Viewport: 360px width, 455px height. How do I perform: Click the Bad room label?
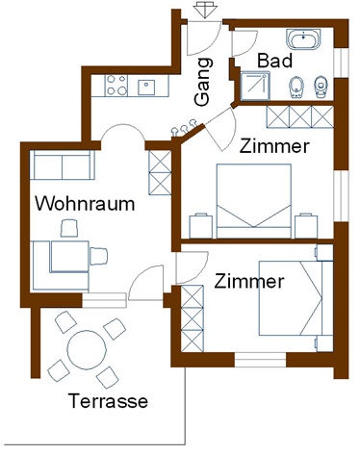pyautogui.click(x=274, y=61)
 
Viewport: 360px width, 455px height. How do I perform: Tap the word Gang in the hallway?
pyautogui.click(x=204, y=82)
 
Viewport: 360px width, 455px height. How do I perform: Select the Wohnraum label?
pyautogui.click(x=85, y=204)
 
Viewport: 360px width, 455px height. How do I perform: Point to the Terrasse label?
pyautogui.click(x=108, y=401)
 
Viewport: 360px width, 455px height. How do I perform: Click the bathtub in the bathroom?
pyautogui.click(x=303, y=39)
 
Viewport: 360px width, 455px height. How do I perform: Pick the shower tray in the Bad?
pyautogui.click(x=255, y=86)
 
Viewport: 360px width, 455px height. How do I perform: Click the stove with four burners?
pyautogui.click(x=116, y=86)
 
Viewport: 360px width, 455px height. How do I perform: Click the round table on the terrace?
pyautogui.click(x=87, y=350)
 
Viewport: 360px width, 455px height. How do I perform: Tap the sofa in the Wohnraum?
pyautogui.click(x=63, y=164)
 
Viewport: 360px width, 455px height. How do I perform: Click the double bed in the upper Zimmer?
pyautogui.click(x=254, y=201)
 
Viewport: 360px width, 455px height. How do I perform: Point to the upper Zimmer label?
pyautogui.click(x=274, y=146)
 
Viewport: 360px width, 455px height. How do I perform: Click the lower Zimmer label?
pyautogui.click(x=249, y=281)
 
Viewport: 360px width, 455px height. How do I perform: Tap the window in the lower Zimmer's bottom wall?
pyautogui.click(x=260, y=360)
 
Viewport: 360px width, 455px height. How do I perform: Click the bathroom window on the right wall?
pyautogui.click(x=341, y=63)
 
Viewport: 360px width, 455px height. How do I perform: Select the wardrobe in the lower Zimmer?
pyautogui.click(x=193, y=318)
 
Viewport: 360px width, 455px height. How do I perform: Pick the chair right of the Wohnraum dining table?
pyautogui.click(x=98, y=256)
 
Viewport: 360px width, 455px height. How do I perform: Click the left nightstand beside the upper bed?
pyautogui.click(x=201, y=226)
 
